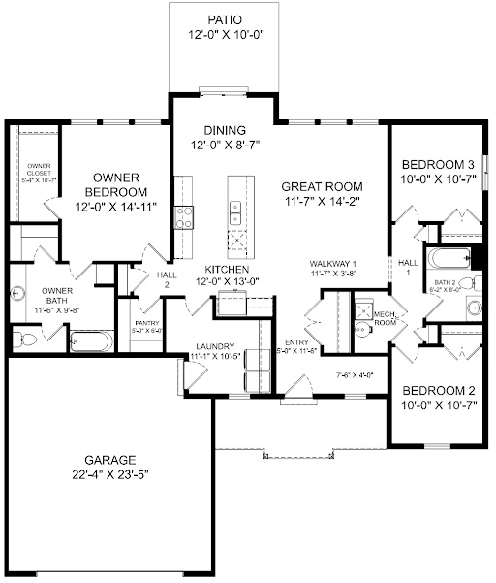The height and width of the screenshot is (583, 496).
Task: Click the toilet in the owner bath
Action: click(x=26, y=339)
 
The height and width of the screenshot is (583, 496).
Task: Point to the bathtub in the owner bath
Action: click(x=92, y=341)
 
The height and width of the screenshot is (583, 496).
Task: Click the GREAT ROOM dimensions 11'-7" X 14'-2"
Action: click(x=322, y=202)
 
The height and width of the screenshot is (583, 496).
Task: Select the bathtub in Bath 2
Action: click(x=448, y=259)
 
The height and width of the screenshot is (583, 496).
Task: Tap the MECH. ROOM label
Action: click(x=385, y=318)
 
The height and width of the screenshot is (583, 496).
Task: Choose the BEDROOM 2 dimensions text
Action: click(x=438, y=405)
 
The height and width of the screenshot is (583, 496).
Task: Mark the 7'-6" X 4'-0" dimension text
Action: click(x=355, y=373)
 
